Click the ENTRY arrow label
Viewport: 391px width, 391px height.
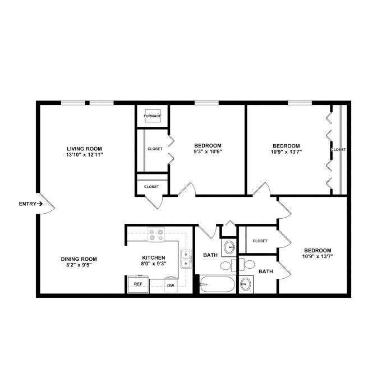pyautogui.click(x=31, y=204)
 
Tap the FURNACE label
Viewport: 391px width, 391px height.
pyautogui.click(x=153, y=116)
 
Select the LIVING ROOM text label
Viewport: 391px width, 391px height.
pyautogui.click(x=84, y=149)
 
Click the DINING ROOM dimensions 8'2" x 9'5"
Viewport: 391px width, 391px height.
pyautogui.click(x=79, y=265)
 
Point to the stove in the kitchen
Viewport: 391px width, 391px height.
pyautogui.click(x=156, y=234)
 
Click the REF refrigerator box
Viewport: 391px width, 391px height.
pyautogui.click(x=138, y=284)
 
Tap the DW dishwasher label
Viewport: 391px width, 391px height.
pyautogui.click(x=171, y=286)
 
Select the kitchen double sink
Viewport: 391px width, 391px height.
pyautogui.click(x=186, y=259)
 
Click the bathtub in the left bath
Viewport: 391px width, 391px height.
pyautogui.click(x=217, y=284)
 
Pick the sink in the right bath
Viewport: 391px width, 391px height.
pyautogui.click(x=246, y=284)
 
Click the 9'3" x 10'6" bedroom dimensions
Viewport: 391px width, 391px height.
pyautogui.click(x=208, y=151)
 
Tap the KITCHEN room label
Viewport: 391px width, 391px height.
pyautogui.click(x=154, y=257)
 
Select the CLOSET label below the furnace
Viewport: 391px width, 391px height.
pyautogui.click(x=155, y=149)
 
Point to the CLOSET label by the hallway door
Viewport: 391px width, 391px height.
pyautogui.click(x=151, y=186)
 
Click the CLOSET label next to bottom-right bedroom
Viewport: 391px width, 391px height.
pyautogui.click(x=260, y=241)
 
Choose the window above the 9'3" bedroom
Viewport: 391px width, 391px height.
pyautogui.click(x=207, y=103)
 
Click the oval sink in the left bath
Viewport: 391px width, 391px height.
pyautogui.click(x=229, y=247)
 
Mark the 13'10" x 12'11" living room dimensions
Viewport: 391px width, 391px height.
pyautogui.click(x=85, y=155)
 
